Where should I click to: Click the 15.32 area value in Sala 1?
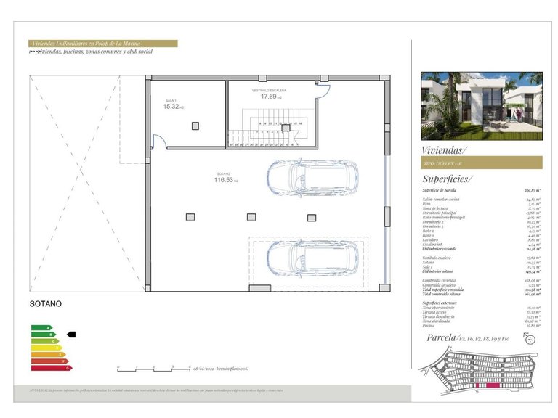click(x=171, y=107)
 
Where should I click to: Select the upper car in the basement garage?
click(x=312, y=177)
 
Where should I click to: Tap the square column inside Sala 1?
click(x=195, y=126)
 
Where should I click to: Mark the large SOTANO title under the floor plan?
click(x=45, y=303)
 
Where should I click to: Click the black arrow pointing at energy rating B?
click(x=70, y=335)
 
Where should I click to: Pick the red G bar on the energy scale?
click(x=50, y=368)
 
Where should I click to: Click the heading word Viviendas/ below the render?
click(x=445, y=150)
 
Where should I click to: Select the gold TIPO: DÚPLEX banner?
click(x=481, y=163)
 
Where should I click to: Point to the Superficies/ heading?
click(x=447, y=179)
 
